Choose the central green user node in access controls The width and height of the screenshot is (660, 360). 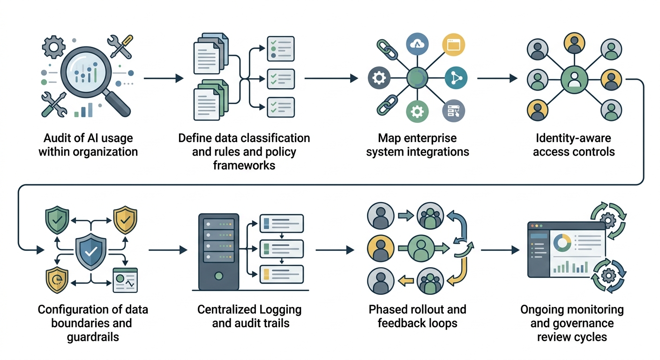point(574,78)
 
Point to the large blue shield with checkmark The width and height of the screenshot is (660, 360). point(91,252)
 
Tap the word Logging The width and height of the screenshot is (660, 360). point(280,310)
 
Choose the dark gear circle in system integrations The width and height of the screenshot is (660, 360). point(379,78)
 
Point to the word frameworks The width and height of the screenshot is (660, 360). point(244,165)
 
